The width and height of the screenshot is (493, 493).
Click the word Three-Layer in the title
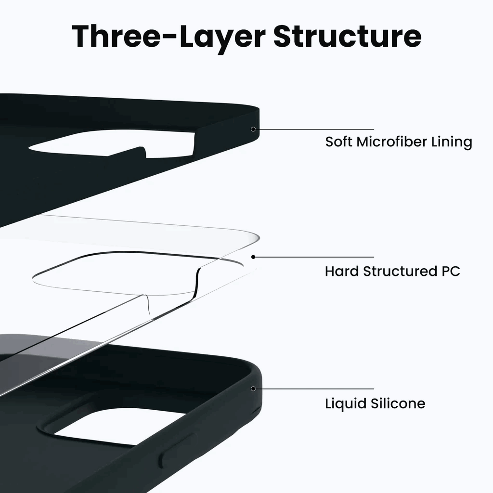point(169,37)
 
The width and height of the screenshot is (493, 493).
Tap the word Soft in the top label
point(338,142)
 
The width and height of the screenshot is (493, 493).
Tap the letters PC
point(451,272)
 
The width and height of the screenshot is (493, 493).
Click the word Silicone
point(398,403)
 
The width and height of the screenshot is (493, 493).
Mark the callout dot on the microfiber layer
point(253,129)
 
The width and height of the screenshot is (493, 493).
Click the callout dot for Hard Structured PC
point(253,257)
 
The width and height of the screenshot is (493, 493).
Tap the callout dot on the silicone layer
point(253,389)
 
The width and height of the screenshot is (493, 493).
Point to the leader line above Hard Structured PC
point(314,257)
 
